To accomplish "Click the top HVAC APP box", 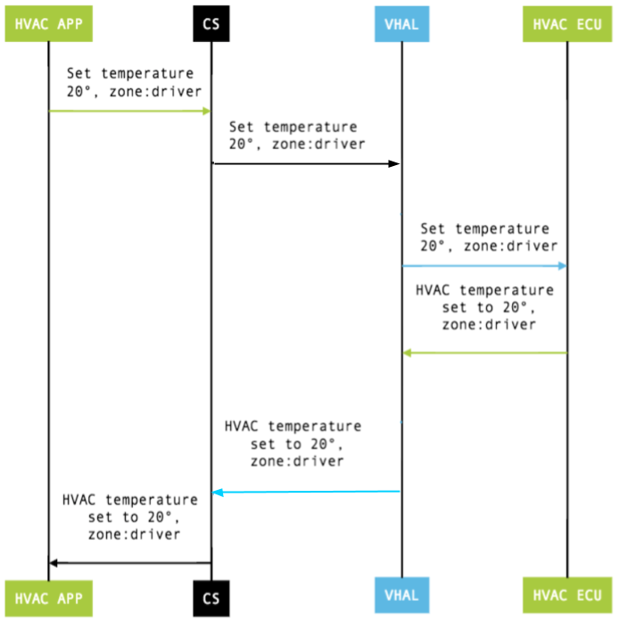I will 49,24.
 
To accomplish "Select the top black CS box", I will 211,24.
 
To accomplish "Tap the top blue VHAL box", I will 401,24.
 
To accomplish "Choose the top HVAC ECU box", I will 566,24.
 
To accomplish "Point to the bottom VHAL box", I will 401,595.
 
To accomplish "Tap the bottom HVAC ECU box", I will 566,595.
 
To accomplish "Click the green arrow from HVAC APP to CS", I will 129,111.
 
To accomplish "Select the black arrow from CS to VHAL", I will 306,163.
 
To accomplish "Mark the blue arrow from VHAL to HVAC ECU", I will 484,265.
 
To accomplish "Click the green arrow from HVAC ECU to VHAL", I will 484,352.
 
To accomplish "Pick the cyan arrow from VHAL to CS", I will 306,492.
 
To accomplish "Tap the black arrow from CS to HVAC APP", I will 129,562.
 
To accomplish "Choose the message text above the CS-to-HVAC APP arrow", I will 129,517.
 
